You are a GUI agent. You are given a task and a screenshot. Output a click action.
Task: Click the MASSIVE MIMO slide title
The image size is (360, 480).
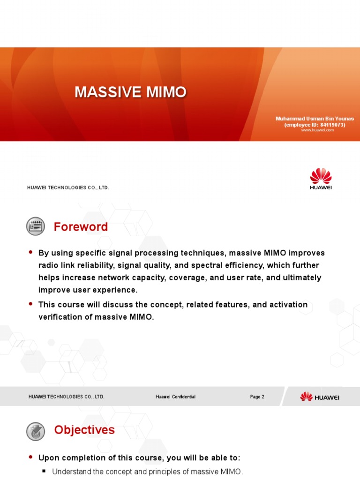coord(130,92)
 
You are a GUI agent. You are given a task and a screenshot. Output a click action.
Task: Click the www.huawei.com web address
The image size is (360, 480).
coord(317,130)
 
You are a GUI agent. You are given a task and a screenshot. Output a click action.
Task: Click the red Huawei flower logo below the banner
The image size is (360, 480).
coord(321,177)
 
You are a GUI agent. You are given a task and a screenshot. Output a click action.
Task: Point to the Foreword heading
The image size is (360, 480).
coord(81,227)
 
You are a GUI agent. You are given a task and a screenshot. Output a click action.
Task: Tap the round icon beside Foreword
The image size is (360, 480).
coord(36,226)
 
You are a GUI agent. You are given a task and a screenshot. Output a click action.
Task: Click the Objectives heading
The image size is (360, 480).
coord(84,430)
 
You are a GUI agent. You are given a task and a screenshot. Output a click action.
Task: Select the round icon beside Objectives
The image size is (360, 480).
coord(36,430)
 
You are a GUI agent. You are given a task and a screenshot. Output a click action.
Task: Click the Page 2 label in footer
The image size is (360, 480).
coord(257,397)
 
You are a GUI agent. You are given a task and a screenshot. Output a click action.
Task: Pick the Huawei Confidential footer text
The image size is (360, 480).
coord(175,397)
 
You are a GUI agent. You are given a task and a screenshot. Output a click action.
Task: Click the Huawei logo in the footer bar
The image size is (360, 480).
coord(320,397)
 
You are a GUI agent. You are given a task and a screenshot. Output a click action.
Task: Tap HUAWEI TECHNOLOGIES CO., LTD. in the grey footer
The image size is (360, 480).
coord(67,397)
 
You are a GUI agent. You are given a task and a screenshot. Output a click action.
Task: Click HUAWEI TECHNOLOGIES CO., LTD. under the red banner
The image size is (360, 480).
coord(68,187)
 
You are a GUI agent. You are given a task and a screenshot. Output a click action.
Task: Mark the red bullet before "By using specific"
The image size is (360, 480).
coord(31,252)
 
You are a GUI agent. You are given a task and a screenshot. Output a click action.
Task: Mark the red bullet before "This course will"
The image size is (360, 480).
coord(31,304)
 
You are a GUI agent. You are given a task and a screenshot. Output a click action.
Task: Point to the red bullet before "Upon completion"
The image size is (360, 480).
coord(31,457)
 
